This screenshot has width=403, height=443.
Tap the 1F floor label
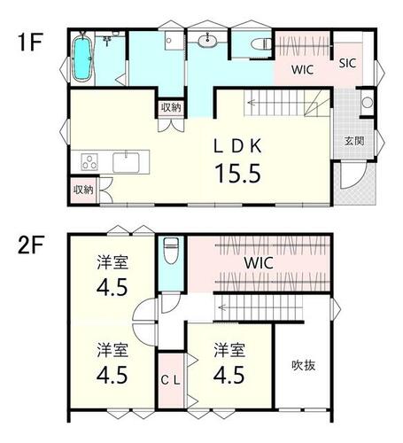pos(30,43)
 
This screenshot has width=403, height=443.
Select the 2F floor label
pos(31,245)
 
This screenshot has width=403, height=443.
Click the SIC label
pos(347,63)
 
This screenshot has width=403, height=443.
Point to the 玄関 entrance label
pos(354,141)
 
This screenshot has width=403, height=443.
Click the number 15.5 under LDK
pos(238,174)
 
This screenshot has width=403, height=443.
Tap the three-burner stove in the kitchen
pos(89,162)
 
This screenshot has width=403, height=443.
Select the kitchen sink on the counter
pos(126,162)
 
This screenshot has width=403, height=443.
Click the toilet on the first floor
pos(261,45)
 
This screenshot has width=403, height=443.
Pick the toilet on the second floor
pos(171,251)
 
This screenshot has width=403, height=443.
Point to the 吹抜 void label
pos(304,366)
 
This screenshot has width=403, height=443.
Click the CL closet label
pos(170,380)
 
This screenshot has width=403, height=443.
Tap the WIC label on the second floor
pos(259,263)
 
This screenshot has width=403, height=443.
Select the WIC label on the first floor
pos(302,70)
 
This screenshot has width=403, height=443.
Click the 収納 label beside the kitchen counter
pos(83,190)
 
